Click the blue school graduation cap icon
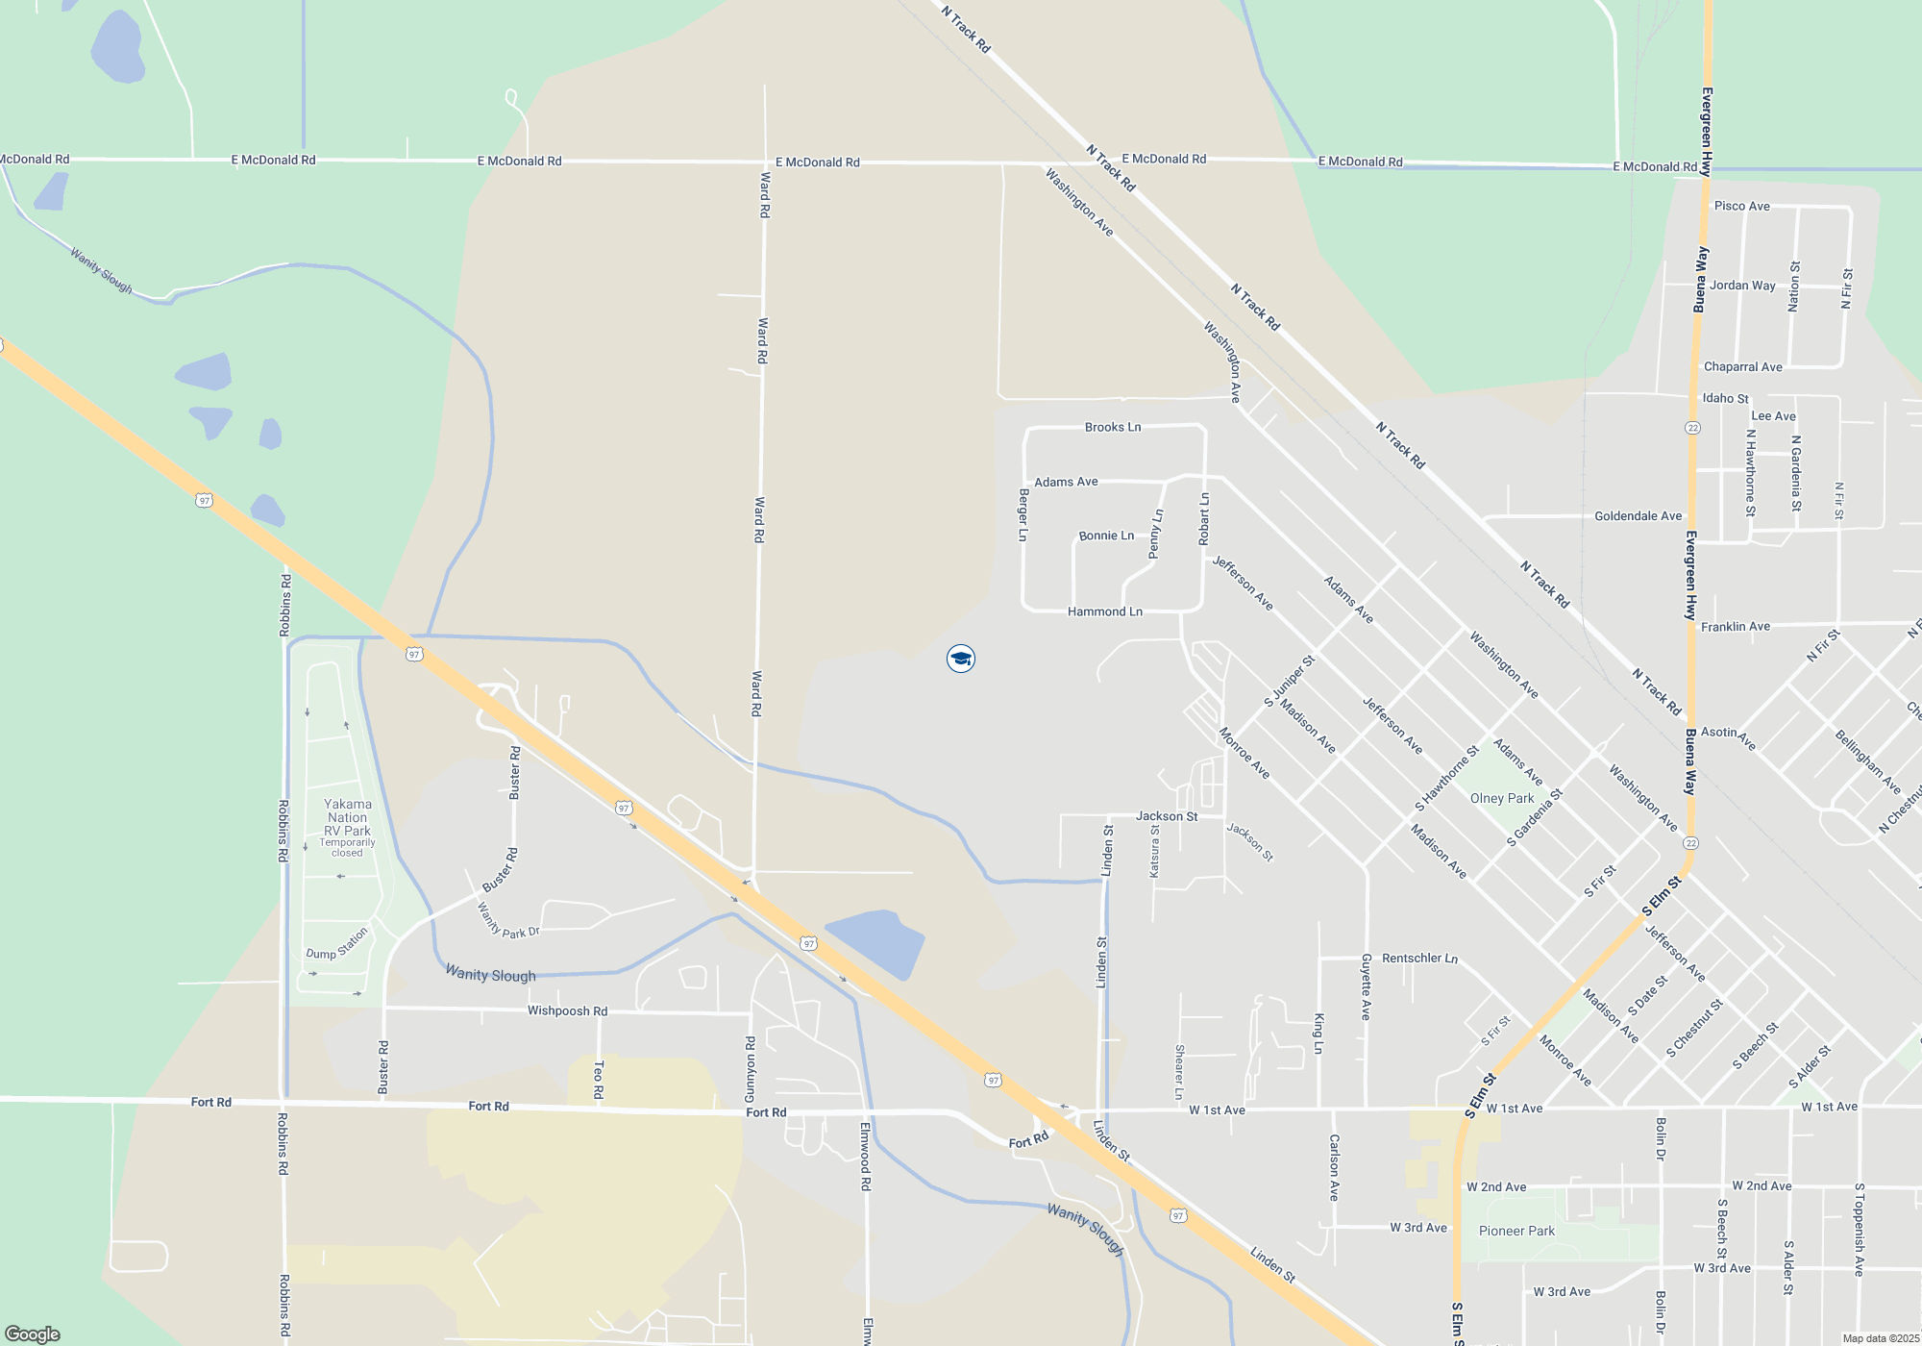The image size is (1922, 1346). (x=961, y=659)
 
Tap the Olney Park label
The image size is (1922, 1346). (x=1501, y=798)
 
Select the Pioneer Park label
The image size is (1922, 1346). (x=1516, y=1231)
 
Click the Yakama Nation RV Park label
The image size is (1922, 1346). (x=347, y=817)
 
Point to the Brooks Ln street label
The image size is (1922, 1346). (x=1113, y=427)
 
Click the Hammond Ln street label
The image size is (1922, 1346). (x=1105, y=611)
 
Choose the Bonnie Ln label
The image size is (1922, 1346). (x=1106, y=536)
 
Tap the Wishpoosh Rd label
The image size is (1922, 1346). (x=567, y=1010)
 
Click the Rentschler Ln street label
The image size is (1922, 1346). (x=1419, y=958)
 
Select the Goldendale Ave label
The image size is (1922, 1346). (x=1638, y=516)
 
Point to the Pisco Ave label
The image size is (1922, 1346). (x=1741, y=206)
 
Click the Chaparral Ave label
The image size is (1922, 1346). (x=1742, y=366)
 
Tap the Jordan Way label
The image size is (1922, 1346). (x=1742, y=286)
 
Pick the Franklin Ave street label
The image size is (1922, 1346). (x=1735, y=626)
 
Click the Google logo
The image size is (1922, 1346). (x=32, y=1334)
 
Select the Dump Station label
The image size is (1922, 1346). (x=337, y=944)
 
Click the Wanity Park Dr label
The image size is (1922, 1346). (x=508, y=922)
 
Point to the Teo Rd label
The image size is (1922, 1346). (x=599, y=1079)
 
